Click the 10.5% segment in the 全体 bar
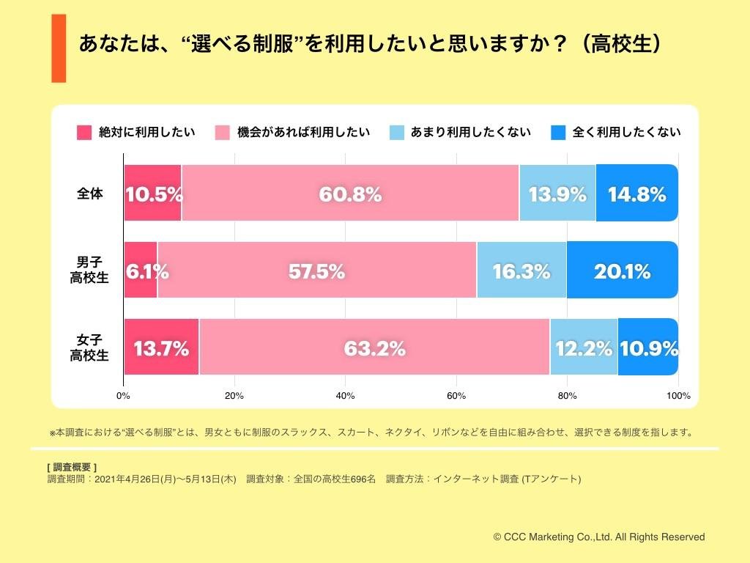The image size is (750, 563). click(x=152, y=194)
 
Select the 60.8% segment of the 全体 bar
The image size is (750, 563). click(x=350, y=194)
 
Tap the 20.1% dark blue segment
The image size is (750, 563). click(x=622, y=271)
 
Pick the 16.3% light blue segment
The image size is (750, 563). click(x=521, y=271)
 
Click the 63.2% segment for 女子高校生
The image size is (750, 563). click(x=374, y=348)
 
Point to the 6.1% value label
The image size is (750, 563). click(x=147, y=272)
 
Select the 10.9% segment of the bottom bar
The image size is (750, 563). click(x=648, y=348)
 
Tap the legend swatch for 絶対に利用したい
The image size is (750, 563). click(x=84, y=133)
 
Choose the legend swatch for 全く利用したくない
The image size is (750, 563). click(x=558, y=133)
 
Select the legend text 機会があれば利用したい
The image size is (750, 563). click(x=303, y=133)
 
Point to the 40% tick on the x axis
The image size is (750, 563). click(x=345, y=396)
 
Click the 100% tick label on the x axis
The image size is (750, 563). click(x=678, y=396)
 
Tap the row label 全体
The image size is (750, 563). click(x=90, y=194)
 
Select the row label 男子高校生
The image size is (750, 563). click(x=89, y=271)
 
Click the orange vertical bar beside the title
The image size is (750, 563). click(x=59, y=48)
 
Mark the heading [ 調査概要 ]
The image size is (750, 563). click(x=71, y=467)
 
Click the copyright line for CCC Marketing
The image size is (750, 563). click(x=598, y=537)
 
